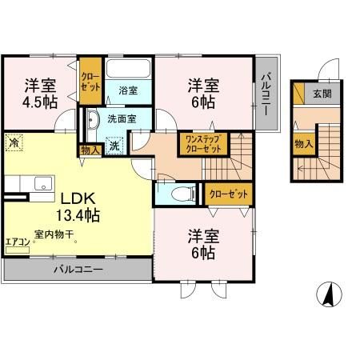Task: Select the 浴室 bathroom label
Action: point(128,90)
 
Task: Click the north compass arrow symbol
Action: point(328,294)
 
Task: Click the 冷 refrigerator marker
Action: point(14,143)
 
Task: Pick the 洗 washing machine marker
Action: point(114,146)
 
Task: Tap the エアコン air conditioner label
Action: point(17,240)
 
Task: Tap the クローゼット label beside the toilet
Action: point(228,194)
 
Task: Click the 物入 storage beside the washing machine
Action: point(90,149)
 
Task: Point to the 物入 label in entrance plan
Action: point(303,144)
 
